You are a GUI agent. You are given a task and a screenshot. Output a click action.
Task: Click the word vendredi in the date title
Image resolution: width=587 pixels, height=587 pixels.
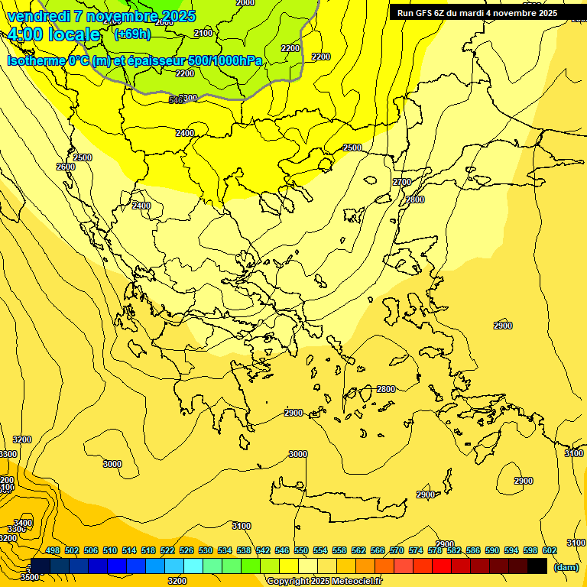click(x=37, y=16)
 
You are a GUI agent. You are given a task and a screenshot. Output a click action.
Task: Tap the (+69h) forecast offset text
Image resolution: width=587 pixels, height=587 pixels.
click(x=132, y=34)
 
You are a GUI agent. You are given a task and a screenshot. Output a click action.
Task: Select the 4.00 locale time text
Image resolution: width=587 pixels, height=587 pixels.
click(x=54, y=34)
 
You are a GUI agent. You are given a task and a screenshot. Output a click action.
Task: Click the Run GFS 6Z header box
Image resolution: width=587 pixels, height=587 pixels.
click(x=477, y=12)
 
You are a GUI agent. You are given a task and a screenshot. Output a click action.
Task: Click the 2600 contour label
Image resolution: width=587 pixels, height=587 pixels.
click(x=66, y=167)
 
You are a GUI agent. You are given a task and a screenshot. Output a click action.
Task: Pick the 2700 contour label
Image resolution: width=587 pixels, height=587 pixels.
click(x=402, y=182)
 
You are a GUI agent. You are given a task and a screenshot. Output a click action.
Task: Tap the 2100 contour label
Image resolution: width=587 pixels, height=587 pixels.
click(x=203, y=33)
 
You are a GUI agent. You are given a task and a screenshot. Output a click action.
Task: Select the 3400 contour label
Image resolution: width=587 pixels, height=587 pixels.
click(x=23, y=523)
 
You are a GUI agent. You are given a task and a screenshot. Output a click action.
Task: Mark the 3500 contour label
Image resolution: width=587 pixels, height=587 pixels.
click(x=29, y=577)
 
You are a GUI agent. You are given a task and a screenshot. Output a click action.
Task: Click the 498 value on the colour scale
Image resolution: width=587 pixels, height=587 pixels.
click(x=53, y=550)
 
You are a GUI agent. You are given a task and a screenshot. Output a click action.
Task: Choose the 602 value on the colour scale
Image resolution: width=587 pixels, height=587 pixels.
click(x=550, y=550)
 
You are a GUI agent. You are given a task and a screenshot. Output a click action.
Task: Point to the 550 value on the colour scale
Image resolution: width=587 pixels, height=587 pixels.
click(x=301, y=550)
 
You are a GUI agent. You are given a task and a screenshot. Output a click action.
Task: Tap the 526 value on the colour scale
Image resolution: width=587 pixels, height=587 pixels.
click(x=186, y=550)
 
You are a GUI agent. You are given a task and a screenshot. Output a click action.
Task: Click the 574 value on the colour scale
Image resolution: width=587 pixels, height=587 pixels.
click(x=416, y=550)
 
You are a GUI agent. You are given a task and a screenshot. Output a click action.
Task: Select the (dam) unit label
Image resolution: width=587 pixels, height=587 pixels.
click(x=566, y=567)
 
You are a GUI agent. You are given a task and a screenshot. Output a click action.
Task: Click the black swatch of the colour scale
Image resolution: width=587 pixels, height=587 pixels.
click(x=537, y=566)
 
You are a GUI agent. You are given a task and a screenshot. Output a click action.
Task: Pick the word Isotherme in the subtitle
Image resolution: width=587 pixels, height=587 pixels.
click(x=36, y=60)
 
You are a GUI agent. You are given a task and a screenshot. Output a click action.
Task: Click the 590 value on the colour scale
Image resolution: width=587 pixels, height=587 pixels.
click(x=492, y=550)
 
